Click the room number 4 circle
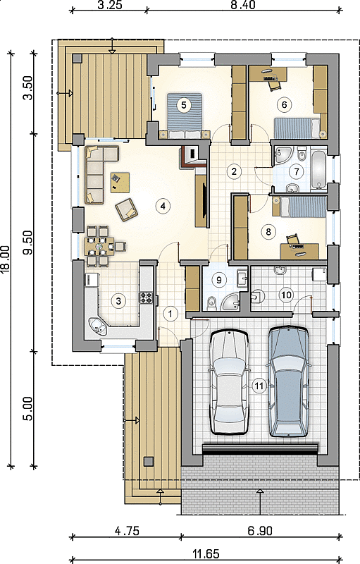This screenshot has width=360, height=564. [163, 206]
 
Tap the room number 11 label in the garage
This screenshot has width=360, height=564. [259, 386]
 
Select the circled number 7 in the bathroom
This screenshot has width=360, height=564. [297, 171]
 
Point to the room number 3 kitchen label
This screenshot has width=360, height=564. [118, 301]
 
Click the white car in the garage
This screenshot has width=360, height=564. [229, 382]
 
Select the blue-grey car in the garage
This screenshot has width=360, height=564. [288, 381]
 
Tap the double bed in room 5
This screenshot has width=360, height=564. [185, 116]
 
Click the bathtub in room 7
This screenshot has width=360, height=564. [319, 171]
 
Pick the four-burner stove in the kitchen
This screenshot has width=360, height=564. [147, 298]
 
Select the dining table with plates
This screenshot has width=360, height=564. [99, 246]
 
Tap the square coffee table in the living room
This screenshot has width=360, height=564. [120, 183]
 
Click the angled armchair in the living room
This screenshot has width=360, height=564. [126, 209]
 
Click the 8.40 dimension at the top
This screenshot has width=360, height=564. [243, 5]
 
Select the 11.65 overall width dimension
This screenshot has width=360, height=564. [206, 554]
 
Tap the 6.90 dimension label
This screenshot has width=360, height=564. [260, 531]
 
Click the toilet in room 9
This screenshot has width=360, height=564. [211, 302]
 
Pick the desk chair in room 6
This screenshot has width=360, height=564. [274, 84]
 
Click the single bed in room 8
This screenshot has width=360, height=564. [299, 207]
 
